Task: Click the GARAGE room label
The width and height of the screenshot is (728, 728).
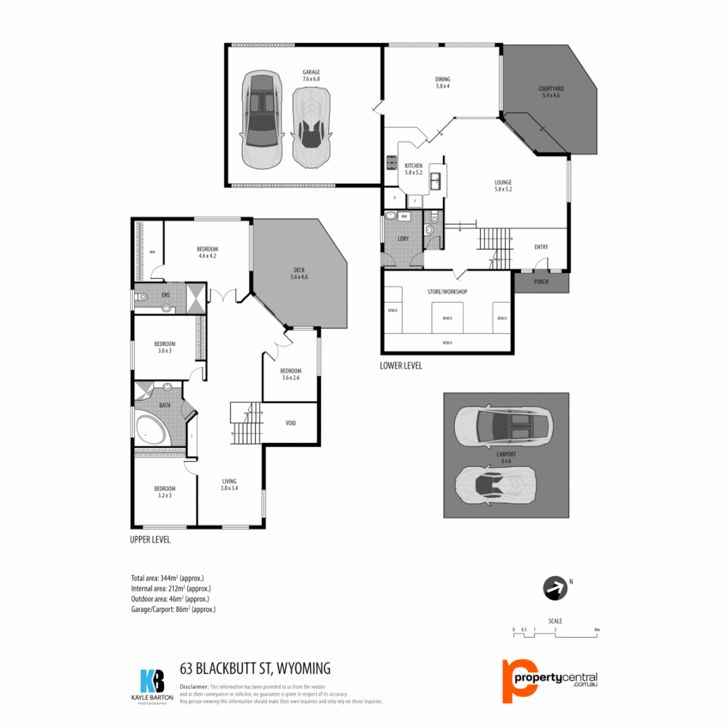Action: (x=311, y=72)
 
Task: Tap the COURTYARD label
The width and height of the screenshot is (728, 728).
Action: (x=551, y=88)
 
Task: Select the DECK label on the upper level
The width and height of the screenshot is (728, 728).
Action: (x=299, y=270)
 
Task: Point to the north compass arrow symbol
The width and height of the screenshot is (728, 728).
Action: (x=554, y=588)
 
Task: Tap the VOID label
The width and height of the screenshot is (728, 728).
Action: (x=291, y=423)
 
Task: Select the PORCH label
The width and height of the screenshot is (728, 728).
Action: (x=541, y=282)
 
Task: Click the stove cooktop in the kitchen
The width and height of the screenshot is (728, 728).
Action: (x=391, y=162)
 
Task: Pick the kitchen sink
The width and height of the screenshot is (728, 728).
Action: (x=435, y=181)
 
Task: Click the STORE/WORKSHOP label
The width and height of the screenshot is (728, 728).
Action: (x=448, y=292)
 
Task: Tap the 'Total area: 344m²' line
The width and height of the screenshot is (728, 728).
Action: (x=167, y=578)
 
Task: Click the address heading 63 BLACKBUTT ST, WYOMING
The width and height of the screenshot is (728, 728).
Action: (x=255, y=669)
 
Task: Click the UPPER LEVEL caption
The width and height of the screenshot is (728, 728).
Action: (x=150, y=539)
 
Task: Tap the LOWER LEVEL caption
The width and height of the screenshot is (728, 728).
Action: (x=402, y=365)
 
